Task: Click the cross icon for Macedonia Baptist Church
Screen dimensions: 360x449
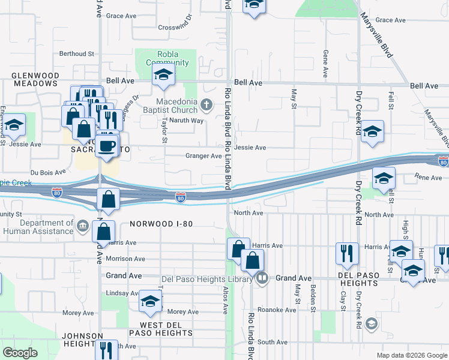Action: [x=206, y=106]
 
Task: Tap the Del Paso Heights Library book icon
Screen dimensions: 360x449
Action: [x=262, y=278]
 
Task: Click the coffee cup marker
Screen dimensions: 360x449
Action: [x=107, y=147]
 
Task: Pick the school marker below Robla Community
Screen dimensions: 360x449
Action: [x=162, y=75]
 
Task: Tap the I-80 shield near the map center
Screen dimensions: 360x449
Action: [x=180, y=197]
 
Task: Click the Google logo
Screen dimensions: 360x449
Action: [x=20, y=353]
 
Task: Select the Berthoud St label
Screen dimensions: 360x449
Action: [x=77, y=53]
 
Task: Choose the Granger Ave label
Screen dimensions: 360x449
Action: [x=203, y=156]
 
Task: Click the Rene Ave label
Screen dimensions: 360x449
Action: [x=428, y=178]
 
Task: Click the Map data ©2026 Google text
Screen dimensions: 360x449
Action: [x=412, y=355]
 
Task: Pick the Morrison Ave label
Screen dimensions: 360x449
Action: [x=125, y=259]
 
